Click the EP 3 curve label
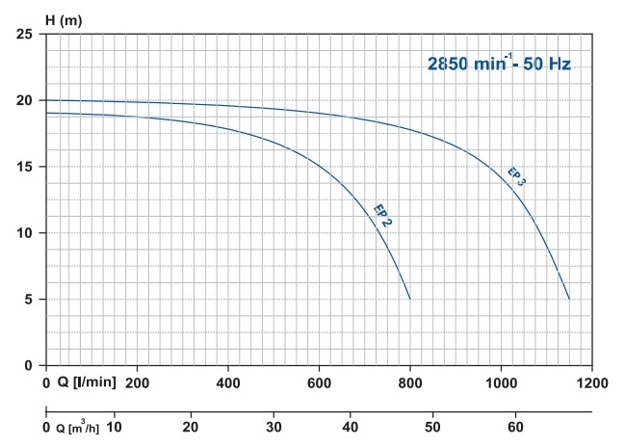[516, 176]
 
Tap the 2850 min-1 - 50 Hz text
[499, 66]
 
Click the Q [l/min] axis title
[88, 381]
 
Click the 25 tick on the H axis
[26, 35]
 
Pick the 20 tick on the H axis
[26, 101]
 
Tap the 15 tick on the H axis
[26, 167]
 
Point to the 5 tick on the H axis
[30, 300]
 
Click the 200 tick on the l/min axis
[138, 381]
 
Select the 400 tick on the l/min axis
[228, 381]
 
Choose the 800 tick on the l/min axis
[410, 381]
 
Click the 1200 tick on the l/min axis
[591, 381]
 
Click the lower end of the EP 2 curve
[410, 299]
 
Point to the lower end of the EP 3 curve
[569, 299]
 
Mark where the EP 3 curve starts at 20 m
[46, 100]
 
